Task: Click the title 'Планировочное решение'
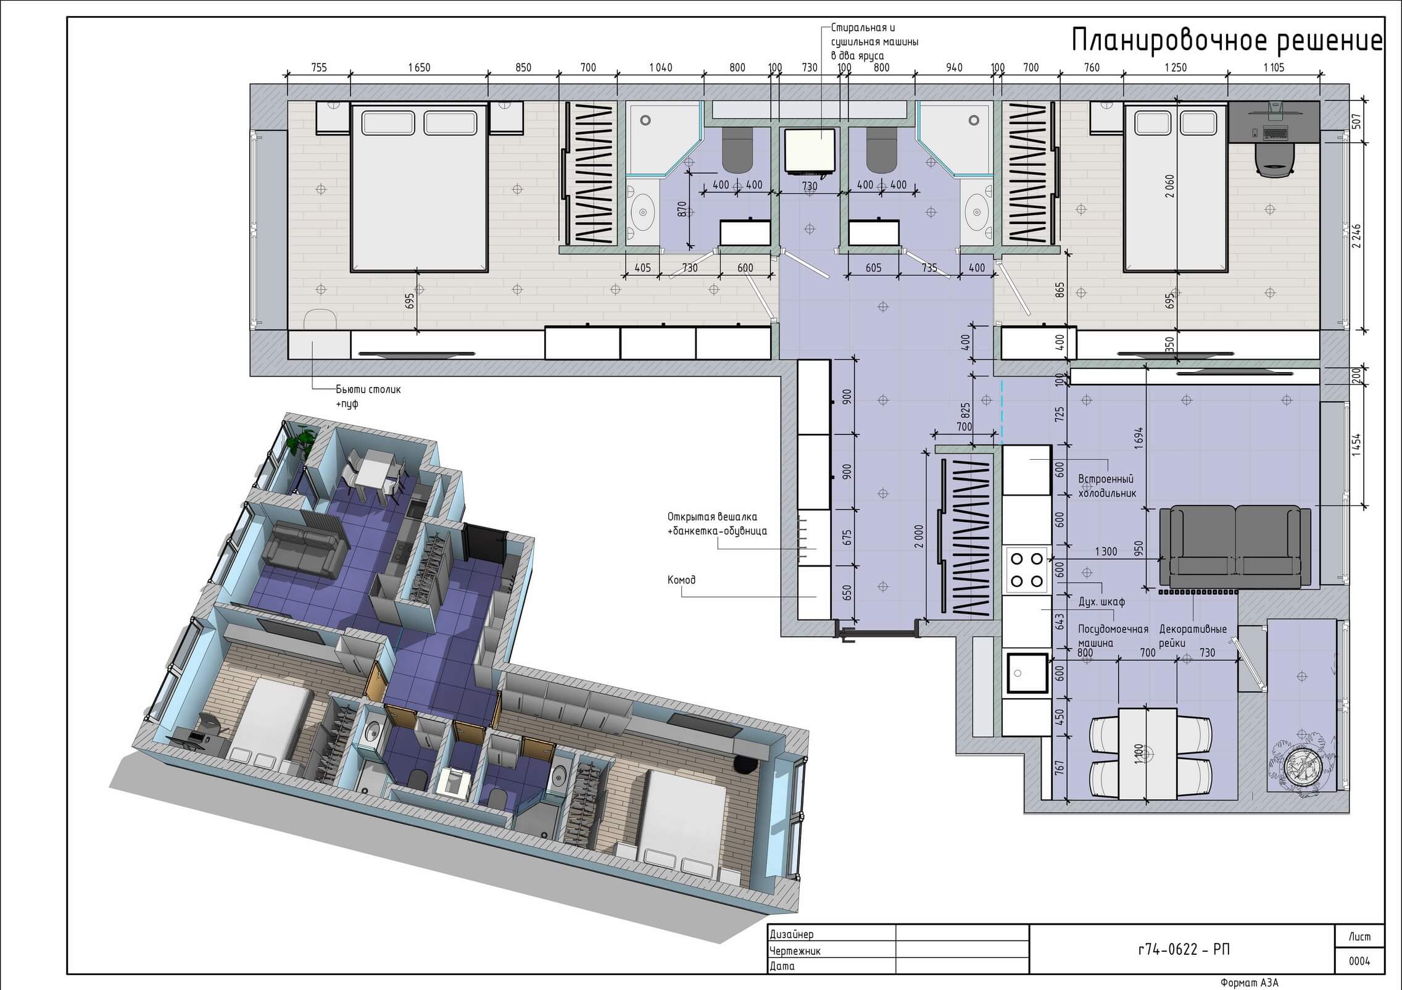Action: tap(1227, 41)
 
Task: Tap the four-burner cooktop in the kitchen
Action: tap(1026, 570)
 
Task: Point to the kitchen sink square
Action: tap(1026, 673)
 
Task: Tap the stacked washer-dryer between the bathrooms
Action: tap(810, 151)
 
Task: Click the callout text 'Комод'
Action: tap(681, 580)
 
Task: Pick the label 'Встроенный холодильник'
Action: tap(1107, 486)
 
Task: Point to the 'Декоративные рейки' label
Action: tap(1193, 636)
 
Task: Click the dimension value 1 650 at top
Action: tap(419, 67)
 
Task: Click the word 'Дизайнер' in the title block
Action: tap(792, 951)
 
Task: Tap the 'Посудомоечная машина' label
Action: tap(1113, 636)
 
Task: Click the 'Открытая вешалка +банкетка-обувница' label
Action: tap(717, 523)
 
